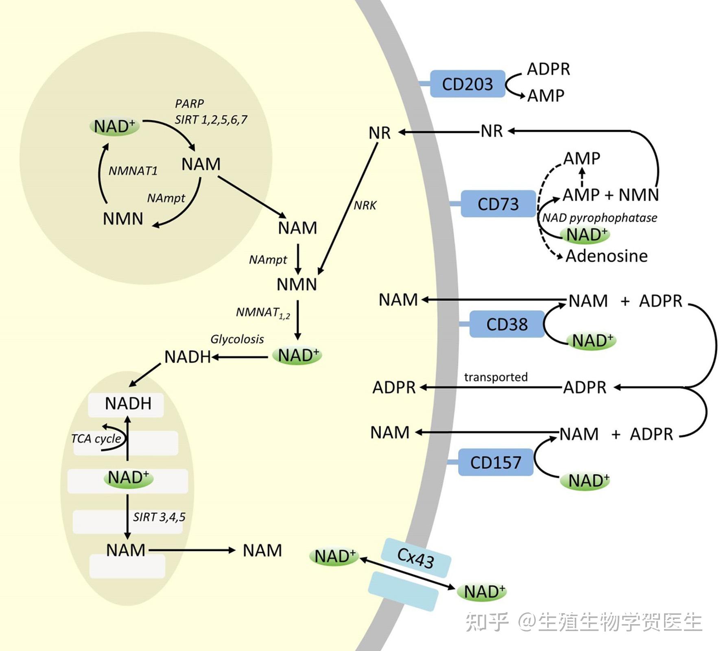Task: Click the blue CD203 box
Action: click(468, 84)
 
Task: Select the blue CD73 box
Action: click(498, 204)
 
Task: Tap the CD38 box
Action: click(507, 324)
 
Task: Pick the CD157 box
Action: click(496, 462)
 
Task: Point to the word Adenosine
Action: click(606, 256)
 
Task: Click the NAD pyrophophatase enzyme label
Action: click(600, 218)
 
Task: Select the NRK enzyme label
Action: click(365, 205)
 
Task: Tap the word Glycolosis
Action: click(237, 339)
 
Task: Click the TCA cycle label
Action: click(96, 439)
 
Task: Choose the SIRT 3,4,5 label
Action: click(159, 517)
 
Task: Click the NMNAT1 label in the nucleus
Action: click(133, 171)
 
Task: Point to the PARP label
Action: click(189, 104)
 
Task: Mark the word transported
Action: click(496, 377)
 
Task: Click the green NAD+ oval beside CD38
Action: click(592, 341)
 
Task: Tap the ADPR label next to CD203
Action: click(548, 70)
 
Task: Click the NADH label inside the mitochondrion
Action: click(128, 404)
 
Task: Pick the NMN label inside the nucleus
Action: click(123, 219)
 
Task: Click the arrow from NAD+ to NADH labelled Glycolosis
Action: click(240, 357)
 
